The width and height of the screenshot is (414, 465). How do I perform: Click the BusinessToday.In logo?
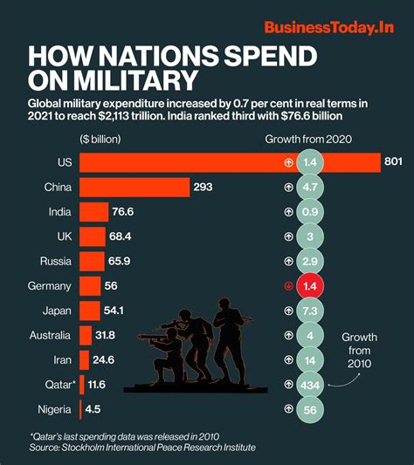click(329, 28)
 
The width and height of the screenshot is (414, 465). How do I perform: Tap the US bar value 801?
click(393, 162)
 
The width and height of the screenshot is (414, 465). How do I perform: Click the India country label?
click(59, 211)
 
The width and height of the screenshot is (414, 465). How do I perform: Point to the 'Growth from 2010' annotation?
click(360, 351)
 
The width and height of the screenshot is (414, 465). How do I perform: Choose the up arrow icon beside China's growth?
click(287, 187)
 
